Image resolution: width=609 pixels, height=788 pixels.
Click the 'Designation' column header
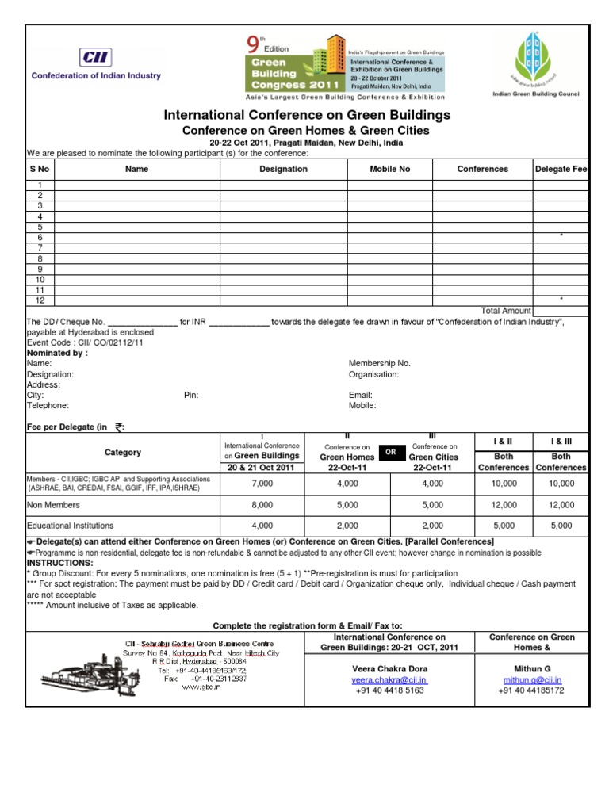click(283, 169)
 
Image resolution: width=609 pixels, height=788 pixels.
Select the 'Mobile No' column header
click(390, 169)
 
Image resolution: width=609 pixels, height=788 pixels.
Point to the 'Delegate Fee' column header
click(561, 169)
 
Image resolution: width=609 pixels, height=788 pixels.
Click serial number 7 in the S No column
click(40, 248)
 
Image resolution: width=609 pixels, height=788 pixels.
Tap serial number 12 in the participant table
click(40, 300)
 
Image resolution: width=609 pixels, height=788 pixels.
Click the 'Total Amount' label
click(506, 311)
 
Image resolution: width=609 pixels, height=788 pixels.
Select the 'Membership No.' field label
click(380, 363)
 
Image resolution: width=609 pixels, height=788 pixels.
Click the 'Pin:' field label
click(191, 395)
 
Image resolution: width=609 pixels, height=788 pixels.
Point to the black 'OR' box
click(390, 452)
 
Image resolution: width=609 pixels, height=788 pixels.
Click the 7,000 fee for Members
click(262, 484)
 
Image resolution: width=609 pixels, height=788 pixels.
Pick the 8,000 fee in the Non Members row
click(262, 504)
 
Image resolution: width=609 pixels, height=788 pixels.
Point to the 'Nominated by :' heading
click(57, 353)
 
